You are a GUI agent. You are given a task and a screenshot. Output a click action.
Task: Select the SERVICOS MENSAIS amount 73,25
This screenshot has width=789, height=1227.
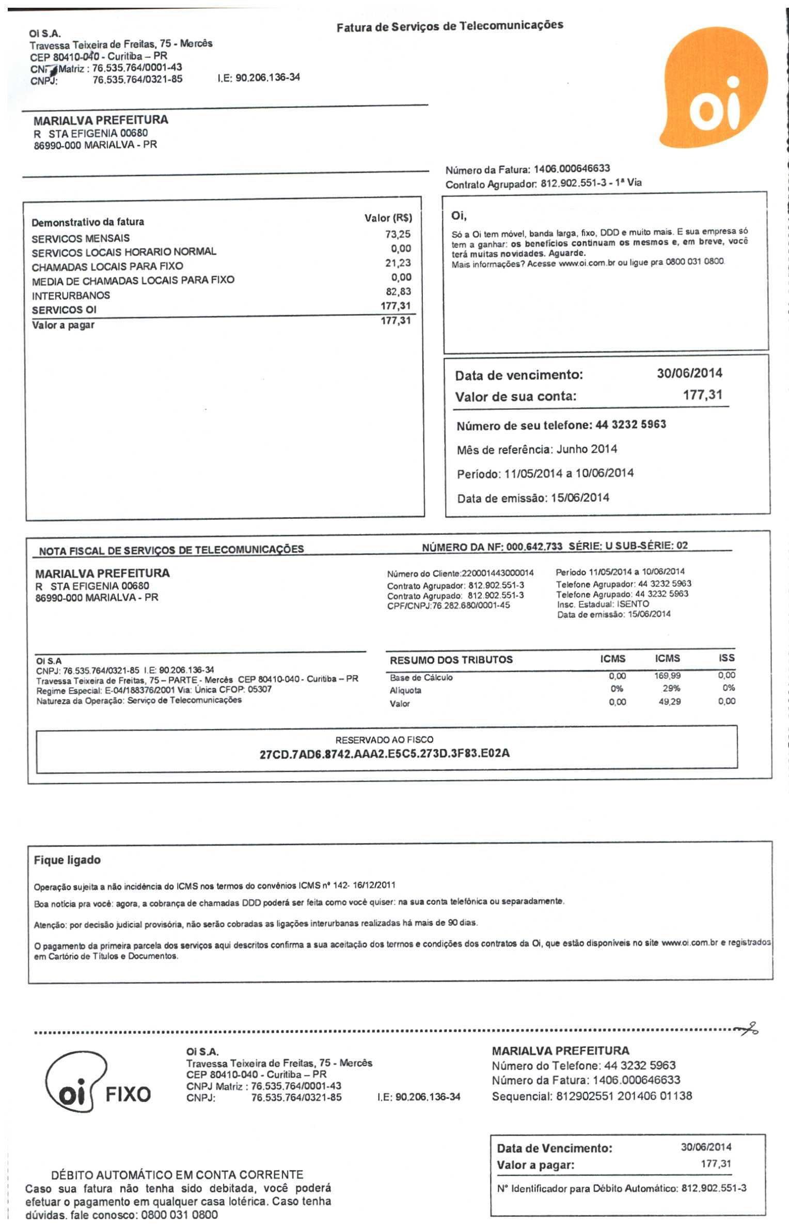[x=398, y=235]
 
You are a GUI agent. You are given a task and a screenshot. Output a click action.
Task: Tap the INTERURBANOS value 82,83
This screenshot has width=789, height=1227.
[x=398, y=291]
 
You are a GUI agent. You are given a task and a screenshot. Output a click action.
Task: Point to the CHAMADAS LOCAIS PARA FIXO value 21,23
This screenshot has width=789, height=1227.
[x=398, y=263]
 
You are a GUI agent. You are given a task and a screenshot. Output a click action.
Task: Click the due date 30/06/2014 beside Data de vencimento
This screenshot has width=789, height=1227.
[x=689, y=374]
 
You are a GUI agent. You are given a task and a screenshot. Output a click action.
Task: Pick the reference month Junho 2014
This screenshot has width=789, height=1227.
[x=587, y=449]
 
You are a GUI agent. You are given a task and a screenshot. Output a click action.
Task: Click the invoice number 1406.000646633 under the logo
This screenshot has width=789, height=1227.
[x=572, y=169]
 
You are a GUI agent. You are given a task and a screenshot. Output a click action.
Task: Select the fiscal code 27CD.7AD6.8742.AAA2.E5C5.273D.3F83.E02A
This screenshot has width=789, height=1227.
[x=384, y=753]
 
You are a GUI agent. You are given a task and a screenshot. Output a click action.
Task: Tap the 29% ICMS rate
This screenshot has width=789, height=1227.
[x=671, y=689]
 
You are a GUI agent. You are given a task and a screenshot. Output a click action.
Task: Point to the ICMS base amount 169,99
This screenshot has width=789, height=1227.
[x=668, y=676]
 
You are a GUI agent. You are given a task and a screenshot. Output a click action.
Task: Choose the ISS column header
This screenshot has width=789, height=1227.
[x=726, y=658]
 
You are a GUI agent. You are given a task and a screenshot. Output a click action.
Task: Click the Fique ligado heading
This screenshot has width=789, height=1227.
[x=67, y=860]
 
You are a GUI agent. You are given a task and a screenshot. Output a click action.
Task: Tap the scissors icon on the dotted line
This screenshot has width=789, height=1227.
[x=749, y=1029]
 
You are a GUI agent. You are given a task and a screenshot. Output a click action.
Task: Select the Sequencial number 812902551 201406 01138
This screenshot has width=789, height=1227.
[x=624, y=1096]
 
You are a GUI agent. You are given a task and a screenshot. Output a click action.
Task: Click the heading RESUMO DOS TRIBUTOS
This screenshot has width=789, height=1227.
[x=451, y=660]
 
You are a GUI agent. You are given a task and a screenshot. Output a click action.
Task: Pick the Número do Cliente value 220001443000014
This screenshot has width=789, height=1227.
[x=498, y=573]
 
